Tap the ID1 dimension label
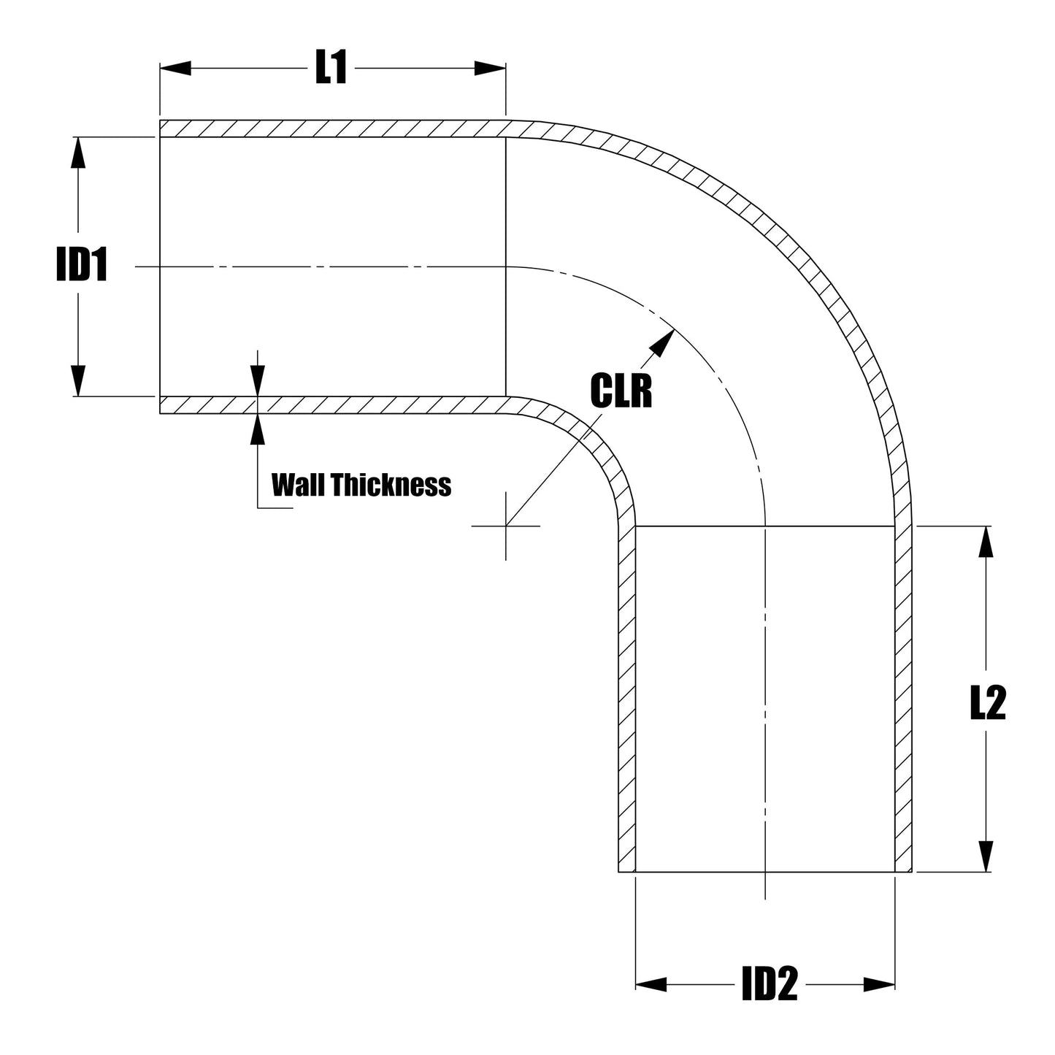click(83, 266)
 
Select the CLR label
click(621, 391)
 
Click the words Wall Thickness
click(361, 484)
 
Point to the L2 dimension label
click(987, 705)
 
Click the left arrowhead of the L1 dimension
click(174, 69)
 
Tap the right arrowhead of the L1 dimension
click(491, 69)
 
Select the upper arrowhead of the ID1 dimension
click(77, 153)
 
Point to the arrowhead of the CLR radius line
click(662, 342)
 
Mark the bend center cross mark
click(506, 525)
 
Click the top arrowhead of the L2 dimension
click(986, 541)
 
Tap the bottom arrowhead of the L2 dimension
click(986, 856)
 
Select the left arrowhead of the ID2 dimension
click(651, 984)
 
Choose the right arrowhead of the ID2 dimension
click(880, 984)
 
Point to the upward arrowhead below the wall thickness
click(257, 429)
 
